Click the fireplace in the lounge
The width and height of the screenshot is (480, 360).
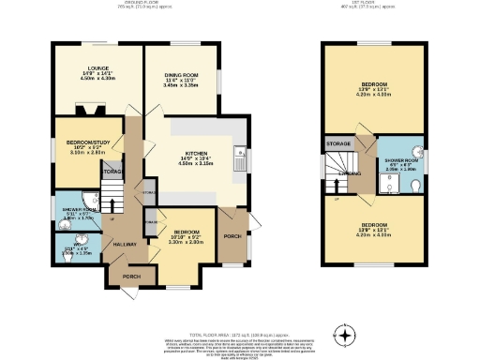coord(87,108)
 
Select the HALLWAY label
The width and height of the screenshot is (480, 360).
coord(127,244)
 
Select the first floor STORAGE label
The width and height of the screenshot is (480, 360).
coord(338,142)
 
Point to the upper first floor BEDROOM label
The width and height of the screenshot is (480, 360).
coord(374,84)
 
